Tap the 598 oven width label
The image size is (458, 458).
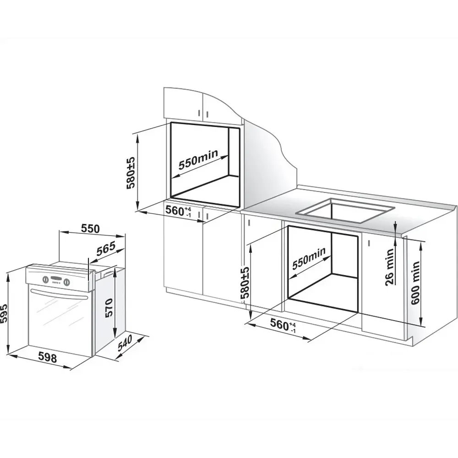pyautogui.click(x=48, y=357)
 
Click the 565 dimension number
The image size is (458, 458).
pyautogui.click(x=105, y=249)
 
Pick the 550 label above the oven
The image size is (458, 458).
pyautogui.click(x=90, y=229)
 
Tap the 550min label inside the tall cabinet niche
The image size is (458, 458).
pyautogui.click(x=198, y=159)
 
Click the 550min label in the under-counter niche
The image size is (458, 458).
pyautogui.click(x=309, y=258)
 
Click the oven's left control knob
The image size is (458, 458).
pyautogui.click(x=45, y=279)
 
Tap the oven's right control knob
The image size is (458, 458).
pyautogui.click(x=67, y=282)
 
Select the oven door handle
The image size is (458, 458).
pyautogui.click(x=59, y=294)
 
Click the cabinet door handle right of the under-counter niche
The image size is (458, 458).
pyautogui.click(x=369, y=243)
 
